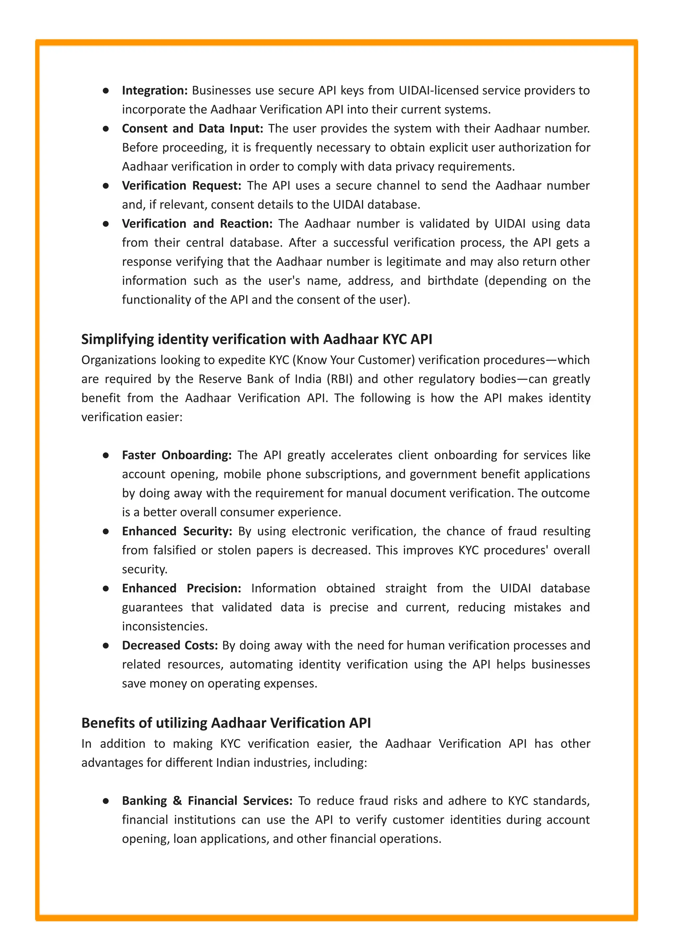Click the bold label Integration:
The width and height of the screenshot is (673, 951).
click(x=154, y=90)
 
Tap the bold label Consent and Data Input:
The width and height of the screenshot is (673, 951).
click(x=192, y=129)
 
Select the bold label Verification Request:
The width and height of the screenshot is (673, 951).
click(x=181, y=186)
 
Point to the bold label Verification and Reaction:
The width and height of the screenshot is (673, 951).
click(x=197, y=224)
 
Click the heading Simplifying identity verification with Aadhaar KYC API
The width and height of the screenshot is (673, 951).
click(x=257, y=339)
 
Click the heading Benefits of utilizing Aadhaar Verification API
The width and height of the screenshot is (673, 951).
click(x=226, y=723)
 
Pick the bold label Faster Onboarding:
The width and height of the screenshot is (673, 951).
click(x=176, y=455)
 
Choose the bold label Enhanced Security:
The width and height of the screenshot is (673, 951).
click(x=176, y=532)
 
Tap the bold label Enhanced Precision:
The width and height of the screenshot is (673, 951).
click(x=181, y=588)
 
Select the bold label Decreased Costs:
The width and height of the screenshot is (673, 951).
click(x=170, y=646)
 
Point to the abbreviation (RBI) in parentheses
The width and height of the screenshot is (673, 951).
click(x=340, y=379)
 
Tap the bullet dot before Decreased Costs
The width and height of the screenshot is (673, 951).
click(x=106, y=646)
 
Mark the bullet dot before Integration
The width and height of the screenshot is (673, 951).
click(x=106, y=90)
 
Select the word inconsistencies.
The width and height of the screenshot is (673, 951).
click(x=165, y=627)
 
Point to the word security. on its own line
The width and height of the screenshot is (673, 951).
click(x=144, y=570)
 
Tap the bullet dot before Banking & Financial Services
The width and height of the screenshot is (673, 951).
click(x=106, y=801)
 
